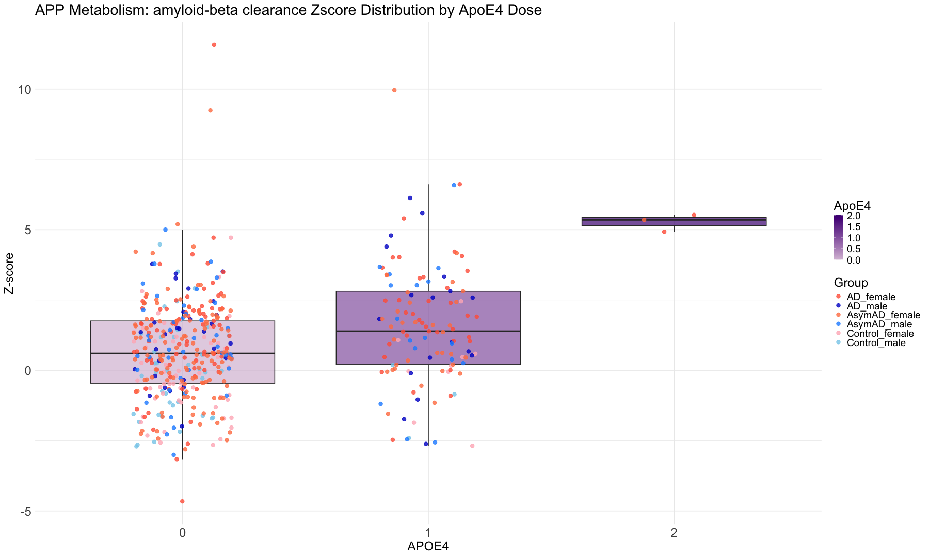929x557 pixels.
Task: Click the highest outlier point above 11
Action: [214, 45]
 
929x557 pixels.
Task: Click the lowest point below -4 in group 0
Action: [182, 501]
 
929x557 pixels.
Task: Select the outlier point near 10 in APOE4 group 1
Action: [394, 90]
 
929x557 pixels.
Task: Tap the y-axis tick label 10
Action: [25, 90]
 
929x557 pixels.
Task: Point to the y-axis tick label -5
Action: [24, 512]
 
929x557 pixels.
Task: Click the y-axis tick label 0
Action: [28, 371]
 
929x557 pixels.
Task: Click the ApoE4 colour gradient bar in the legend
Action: [839, 238]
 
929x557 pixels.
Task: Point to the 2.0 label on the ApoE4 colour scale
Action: [854, 217]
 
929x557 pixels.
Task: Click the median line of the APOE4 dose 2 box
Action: [674, 220]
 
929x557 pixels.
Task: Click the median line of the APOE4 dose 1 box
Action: [428, 331]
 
